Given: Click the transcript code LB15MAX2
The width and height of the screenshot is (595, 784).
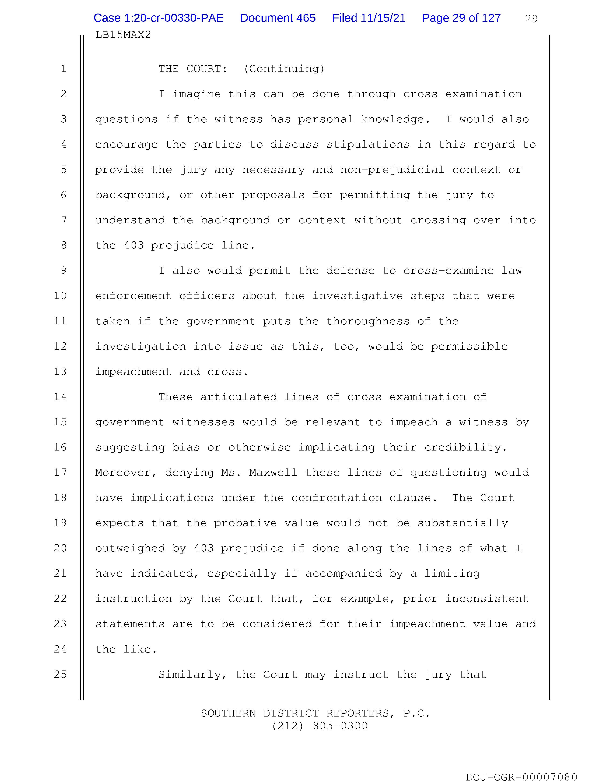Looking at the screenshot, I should click(123, 35).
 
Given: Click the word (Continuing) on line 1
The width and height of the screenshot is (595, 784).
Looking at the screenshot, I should click(284, 69).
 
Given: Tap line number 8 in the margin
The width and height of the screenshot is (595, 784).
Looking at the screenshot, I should click(63, 245).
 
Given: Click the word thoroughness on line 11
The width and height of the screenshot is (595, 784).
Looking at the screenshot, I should click(368, 321).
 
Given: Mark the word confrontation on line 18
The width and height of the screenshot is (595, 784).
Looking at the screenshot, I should click(336, 498).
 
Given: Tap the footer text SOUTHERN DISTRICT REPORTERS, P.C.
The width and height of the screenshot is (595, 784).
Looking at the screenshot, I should click(315, 713).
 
